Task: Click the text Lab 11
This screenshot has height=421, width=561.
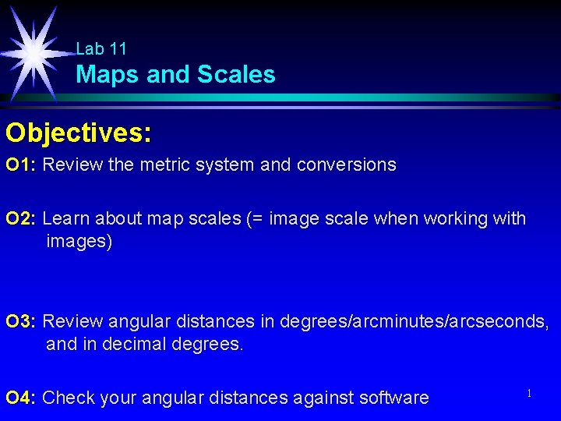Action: pyautogui.click(x=101, y=49)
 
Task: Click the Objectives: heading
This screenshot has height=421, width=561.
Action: pyautogui.click(x=78, y=133)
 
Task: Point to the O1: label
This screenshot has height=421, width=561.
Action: pyautogui.click(x=21, y=165)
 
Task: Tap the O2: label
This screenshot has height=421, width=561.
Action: pyautogui.click(x=21, y=219)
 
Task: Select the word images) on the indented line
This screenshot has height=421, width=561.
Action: pyautogui.click(x=79, y=242)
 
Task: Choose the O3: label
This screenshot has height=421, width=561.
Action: pyautogui.click(x=21, y=321)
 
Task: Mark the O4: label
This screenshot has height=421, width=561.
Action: pyautogui.click(x=21, y=398)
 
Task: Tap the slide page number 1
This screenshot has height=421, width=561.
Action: pyautogui.click(x=528, y=394)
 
